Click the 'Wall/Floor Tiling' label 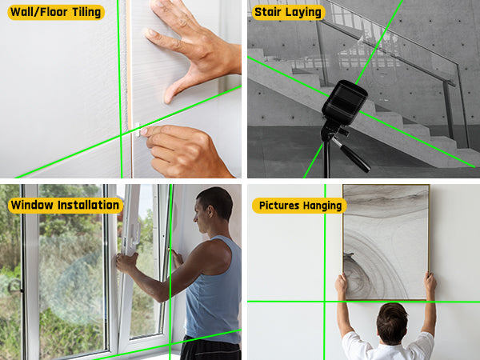(x=56, y=13)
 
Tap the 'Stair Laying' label (x=288, y=13)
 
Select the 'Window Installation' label (x=66, y=205)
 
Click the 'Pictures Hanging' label (x=300, y=206)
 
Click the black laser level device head (x=345, y=102)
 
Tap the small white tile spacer (x=138, y=130)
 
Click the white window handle (x=135, y=234)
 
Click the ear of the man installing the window (x=210, y=211)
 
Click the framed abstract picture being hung (x=386, y=242)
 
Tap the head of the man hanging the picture (x=392, y=323)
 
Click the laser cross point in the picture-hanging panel (x=325, y=302)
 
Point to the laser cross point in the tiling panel (x=121, y=134)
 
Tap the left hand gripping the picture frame (x=342, y=283)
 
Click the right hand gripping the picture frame (x=430, y=283)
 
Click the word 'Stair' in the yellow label (x=268, y=12)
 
